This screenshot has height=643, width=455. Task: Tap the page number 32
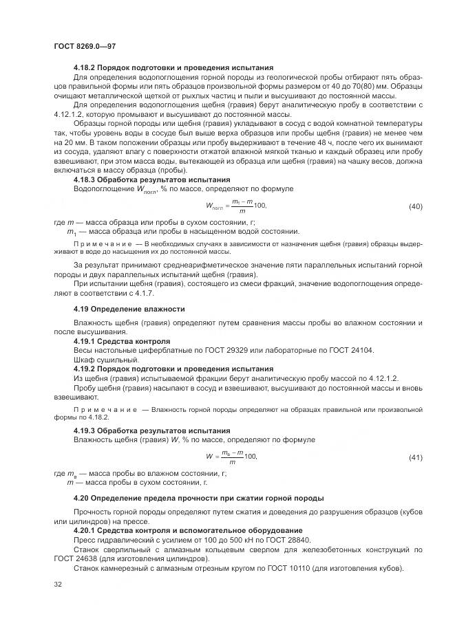(x=58, y=585)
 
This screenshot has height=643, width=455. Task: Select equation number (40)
(x=415, y=206)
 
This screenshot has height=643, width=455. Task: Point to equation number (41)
(x=415, y=457)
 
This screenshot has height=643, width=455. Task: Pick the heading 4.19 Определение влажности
(x=129, y=309)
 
